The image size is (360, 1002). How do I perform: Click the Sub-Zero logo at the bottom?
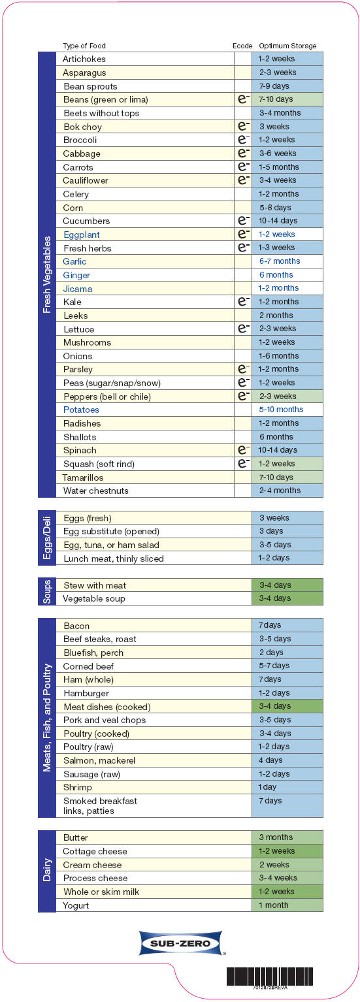click(x=181, y=943)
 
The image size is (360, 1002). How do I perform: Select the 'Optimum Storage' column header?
click(x=287, y=46)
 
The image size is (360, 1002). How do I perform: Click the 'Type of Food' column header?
click(x=84, y=46)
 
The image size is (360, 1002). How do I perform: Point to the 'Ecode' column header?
click(x=242, y=46)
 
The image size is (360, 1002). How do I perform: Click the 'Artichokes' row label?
click(x=84, y=59)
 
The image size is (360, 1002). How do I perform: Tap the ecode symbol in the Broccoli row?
click(x=243, y=140)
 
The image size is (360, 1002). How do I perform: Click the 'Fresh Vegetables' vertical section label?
click(x=47, y=274)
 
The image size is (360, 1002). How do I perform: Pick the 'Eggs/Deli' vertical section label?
click(x=47, y=538)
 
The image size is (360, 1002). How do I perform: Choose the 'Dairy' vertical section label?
click(x=47, y=871)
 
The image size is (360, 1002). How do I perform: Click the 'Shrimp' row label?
click(x=78, y=787)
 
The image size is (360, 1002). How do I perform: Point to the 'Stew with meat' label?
click(x=95, y=585)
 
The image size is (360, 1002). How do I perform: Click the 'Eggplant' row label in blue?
click(x=82, y=234)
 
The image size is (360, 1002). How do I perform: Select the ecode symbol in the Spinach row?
click(x=243, y=450)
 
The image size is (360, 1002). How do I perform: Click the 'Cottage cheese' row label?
click(x=95, y=851)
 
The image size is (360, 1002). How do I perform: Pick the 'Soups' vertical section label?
click(x=47, y=592)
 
